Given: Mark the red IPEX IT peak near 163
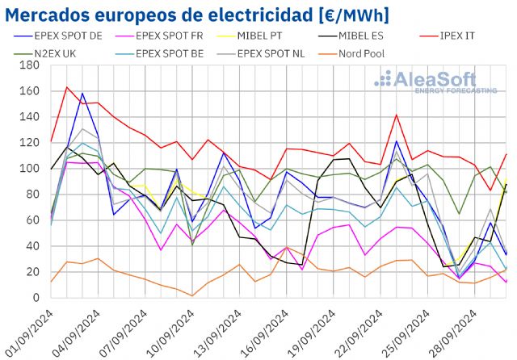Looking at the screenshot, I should (x=67, y=87).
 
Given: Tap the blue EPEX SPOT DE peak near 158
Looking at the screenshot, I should (x=82, y=94).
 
